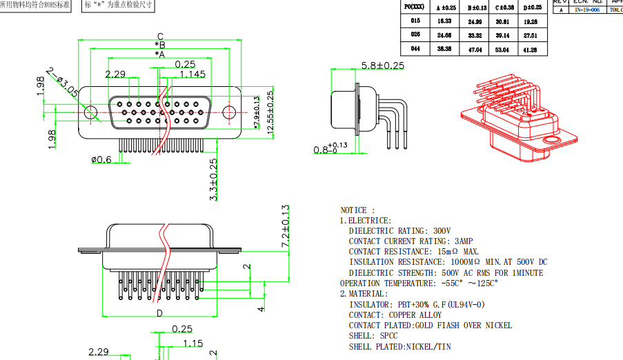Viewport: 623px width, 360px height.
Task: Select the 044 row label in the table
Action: coord(415,49)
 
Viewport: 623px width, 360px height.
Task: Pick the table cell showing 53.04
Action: coord(502,50)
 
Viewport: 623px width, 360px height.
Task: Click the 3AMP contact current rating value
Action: coord(463,241)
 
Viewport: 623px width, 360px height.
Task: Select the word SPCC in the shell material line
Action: coord(389,336)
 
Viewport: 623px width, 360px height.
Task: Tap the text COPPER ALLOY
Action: coord(419,315)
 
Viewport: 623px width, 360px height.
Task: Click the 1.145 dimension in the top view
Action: coord(192,74)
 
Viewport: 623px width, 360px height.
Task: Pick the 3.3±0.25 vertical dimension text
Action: coord(213,179)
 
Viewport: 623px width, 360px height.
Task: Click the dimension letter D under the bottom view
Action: coord(159,313)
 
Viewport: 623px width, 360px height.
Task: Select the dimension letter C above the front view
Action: coord(159,37)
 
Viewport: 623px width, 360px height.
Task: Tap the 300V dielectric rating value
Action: coord(442,231)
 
